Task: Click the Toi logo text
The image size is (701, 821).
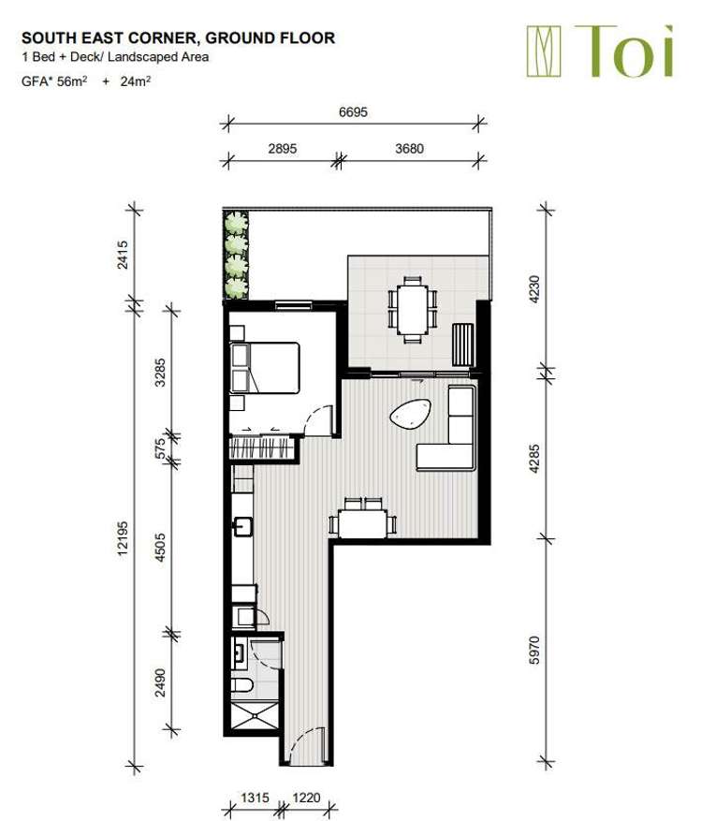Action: [x=624, y=51]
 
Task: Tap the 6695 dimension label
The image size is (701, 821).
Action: [x=353, y=112]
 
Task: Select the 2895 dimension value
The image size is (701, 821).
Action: [x=283, y=149]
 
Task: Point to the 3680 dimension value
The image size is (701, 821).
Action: [x=409, y=149]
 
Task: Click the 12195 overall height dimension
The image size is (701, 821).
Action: [x=123, y=538]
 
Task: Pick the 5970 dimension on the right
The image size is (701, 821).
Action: [x=534, y=651]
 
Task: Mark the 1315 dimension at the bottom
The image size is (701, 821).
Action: [x=255, y=798]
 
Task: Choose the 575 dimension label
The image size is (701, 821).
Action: [x=161, y=447]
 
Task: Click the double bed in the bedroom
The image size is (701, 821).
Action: [x=265, y=368]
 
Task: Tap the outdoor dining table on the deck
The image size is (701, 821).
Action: [x=412, y=310]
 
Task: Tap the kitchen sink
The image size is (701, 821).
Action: [x=243, y=526]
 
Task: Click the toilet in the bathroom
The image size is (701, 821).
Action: [x=242, y=684]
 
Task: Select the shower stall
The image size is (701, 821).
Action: [x=255, y=715]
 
